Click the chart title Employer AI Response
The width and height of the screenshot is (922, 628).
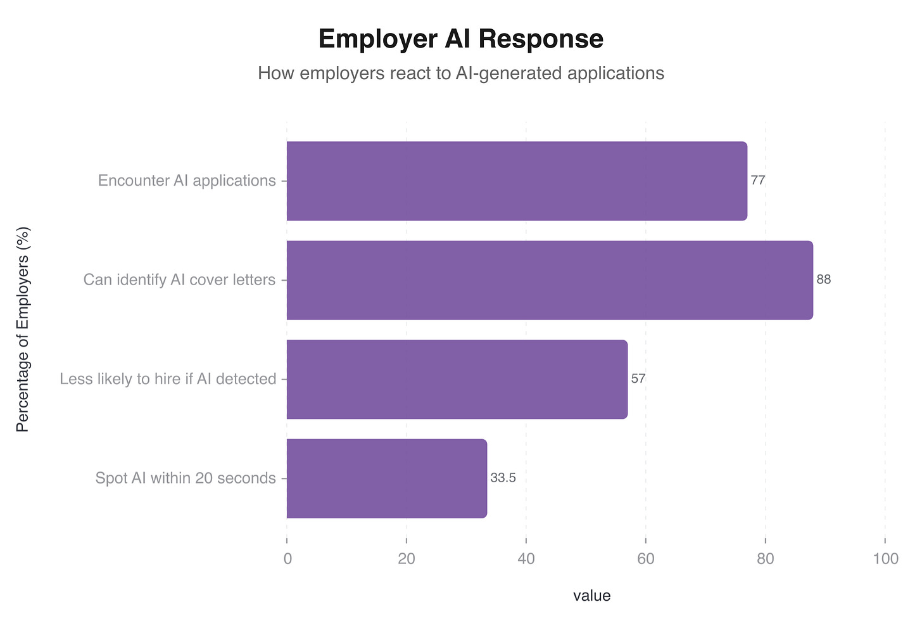coord(460,39)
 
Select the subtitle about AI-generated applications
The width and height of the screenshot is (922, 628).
coord(460,74)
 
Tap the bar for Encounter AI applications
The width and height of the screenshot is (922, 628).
coord(516,181)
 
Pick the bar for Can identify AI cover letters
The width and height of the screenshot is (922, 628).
coord(549,280)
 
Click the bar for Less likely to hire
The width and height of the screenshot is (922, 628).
coord(457,379)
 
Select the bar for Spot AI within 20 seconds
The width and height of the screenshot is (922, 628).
coord(386,478)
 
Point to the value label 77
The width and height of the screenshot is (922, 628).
coord(758,181)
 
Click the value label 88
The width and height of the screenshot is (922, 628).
coord(823,279)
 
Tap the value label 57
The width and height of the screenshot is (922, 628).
coord(638,379)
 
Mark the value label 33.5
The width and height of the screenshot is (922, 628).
coord(503,478)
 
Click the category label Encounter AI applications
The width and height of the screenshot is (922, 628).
coord(187,181)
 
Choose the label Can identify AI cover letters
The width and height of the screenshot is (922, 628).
coord(179,280)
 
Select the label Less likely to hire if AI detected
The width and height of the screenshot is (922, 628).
coord(168,380)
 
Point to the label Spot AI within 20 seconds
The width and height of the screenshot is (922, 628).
coord(186,478)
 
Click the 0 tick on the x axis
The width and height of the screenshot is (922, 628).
coord(287,558)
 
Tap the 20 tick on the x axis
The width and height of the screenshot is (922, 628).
coord(407,558)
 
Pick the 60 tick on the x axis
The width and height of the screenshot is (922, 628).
coord(646,558)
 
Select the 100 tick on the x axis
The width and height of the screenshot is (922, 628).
coord(885,558)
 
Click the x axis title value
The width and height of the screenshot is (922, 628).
coord(591,596)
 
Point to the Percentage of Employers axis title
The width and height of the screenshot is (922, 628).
coord(23,330)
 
